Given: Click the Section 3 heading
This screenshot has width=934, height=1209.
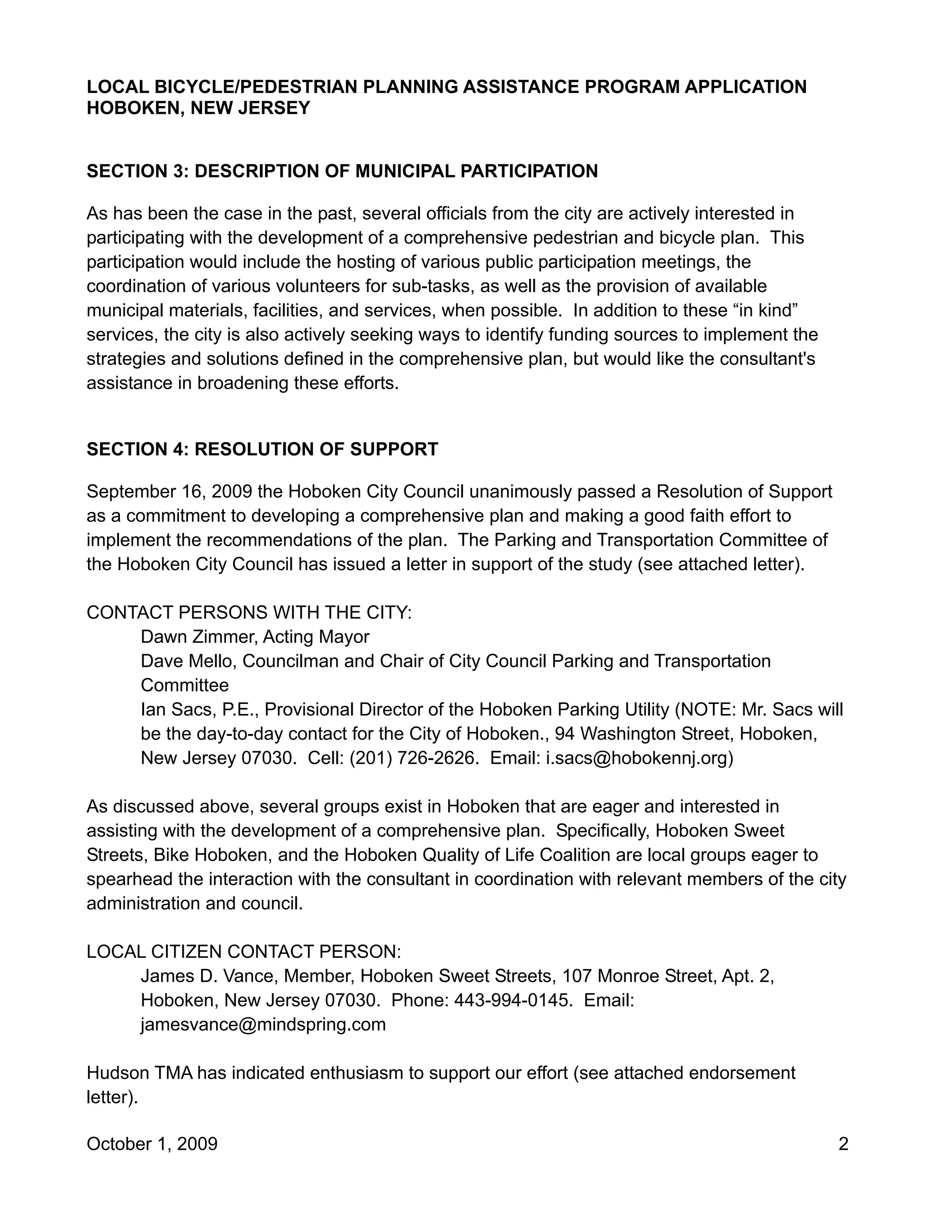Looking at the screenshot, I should (x=342, y=171).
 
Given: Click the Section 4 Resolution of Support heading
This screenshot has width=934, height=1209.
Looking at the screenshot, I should (x=262, y=449).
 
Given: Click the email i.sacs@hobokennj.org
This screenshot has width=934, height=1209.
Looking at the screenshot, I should (x=639, y=758).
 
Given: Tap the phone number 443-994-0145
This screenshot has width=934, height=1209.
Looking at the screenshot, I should (x=513, y=1001).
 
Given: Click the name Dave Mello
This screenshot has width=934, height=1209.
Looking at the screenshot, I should (x=188, y=661).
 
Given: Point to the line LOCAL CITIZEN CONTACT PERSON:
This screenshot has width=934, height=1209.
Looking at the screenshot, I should (x=244, y=952).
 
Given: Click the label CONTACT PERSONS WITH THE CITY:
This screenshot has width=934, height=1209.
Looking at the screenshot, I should (x=249, y=612).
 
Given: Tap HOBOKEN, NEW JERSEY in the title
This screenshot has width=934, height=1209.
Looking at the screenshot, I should (x=198, y=108).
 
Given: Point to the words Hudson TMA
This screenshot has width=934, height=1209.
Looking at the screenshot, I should (x=140, y=1073).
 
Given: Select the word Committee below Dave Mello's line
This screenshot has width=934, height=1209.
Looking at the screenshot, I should (x=185, y=685).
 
